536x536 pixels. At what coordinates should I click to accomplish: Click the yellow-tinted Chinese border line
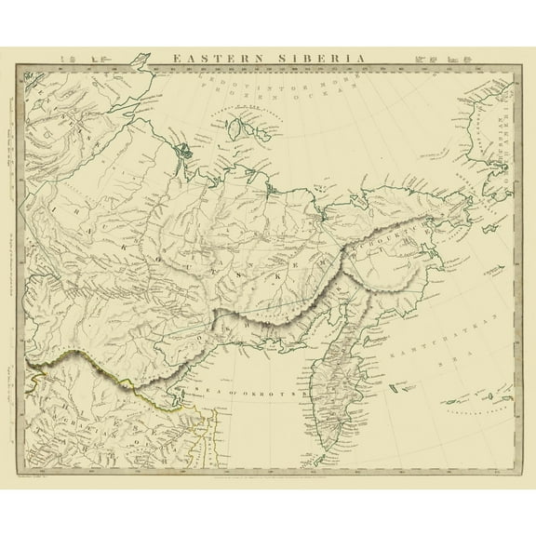tap(121, 380)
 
